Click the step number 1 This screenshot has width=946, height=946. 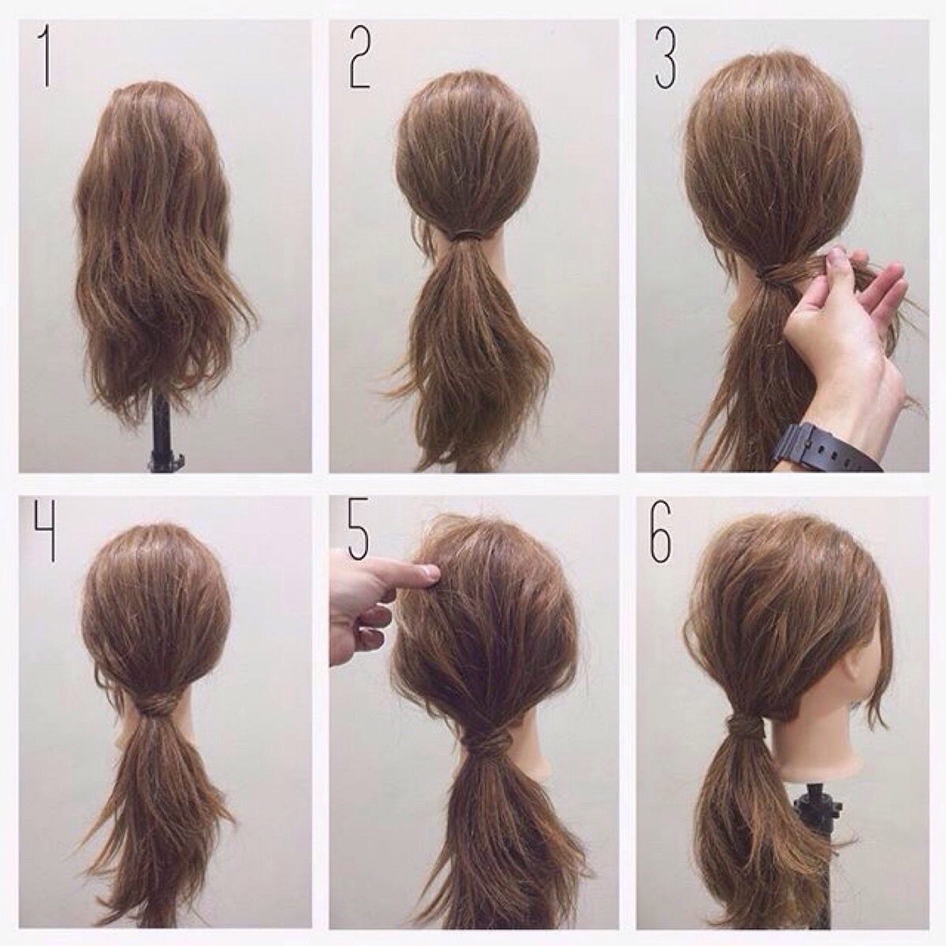click(46, 58)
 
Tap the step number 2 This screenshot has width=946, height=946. click(359, 57)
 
